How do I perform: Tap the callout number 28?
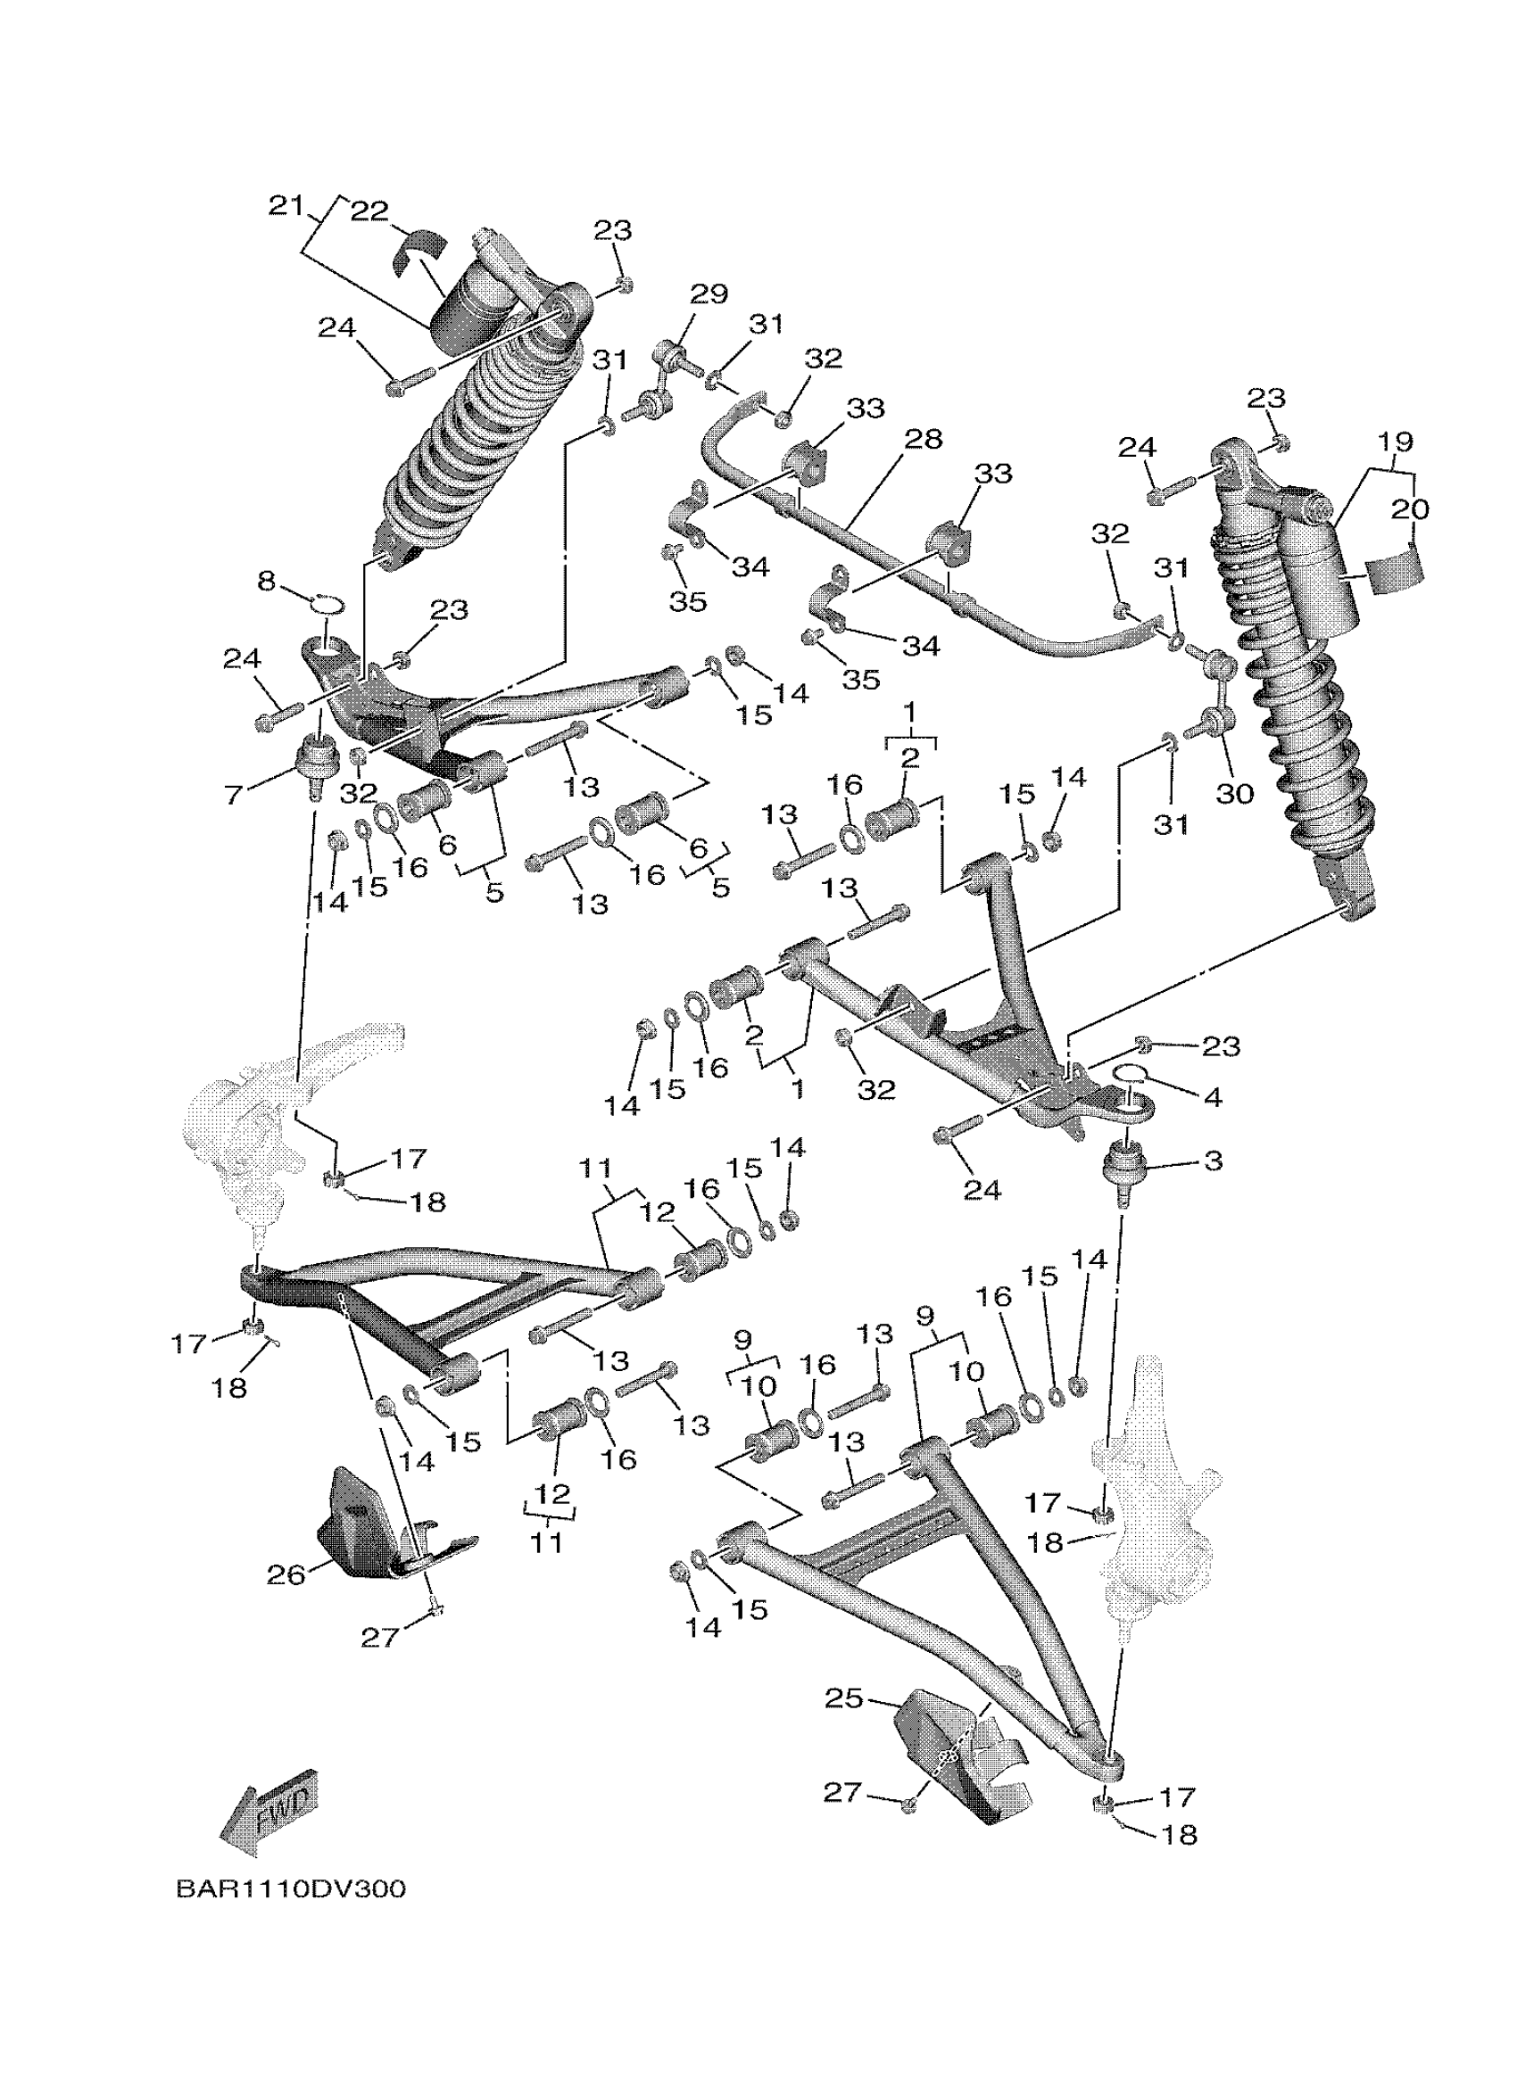[924, 440]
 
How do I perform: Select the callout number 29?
[709, 295]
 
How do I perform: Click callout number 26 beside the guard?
[286, 1575]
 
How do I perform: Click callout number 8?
[266, 582]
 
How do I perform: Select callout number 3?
[1213, 1161]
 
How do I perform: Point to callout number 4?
[1213, 1096]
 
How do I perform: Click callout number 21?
[286, 206]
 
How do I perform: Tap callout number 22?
[369, 212]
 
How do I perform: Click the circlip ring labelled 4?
[1130, 1070]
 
